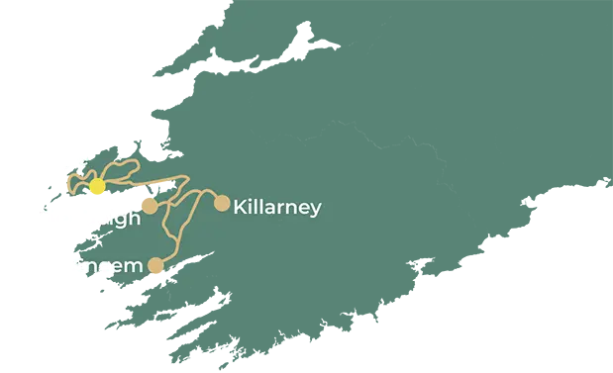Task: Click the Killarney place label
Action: click(x=276, y=208)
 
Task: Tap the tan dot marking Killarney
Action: click(x=222, y=204)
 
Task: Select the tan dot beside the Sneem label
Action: click(x=155, y=265)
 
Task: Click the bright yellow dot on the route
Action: click(x=97, y=187)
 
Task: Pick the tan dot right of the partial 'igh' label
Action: click(x=150, y=206)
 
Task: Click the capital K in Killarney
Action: click(x=240, y=208)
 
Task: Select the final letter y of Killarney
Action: click(x=315, y=211)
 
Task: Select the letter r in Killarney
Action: click(x=278, y=209)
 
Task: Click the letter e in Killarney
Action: click(x=302, y=209)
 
